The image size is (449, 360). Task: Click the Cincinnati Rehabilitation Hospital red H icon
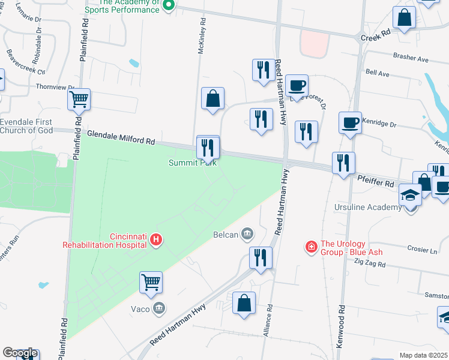156,240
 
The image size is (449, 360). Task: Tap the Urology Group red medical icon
311,247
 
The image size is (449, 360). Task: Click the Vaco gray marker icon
159,308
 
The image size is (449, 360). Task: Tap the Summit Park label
192,163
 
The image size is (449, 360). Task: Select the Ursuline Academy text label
367,208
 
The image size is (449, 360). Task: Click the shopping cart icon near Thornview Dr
79,99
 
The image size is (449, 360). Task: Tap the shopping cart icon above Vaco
151,281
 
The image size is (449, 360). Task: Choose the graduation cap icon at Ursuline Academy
411,194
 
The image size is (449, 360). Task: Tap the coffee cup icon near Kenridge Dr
350,122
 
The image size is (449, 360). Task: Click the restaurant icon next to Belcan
261,257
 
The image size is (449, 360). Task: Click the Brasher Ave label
411,59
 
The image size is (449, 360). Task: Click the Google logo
20,353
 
